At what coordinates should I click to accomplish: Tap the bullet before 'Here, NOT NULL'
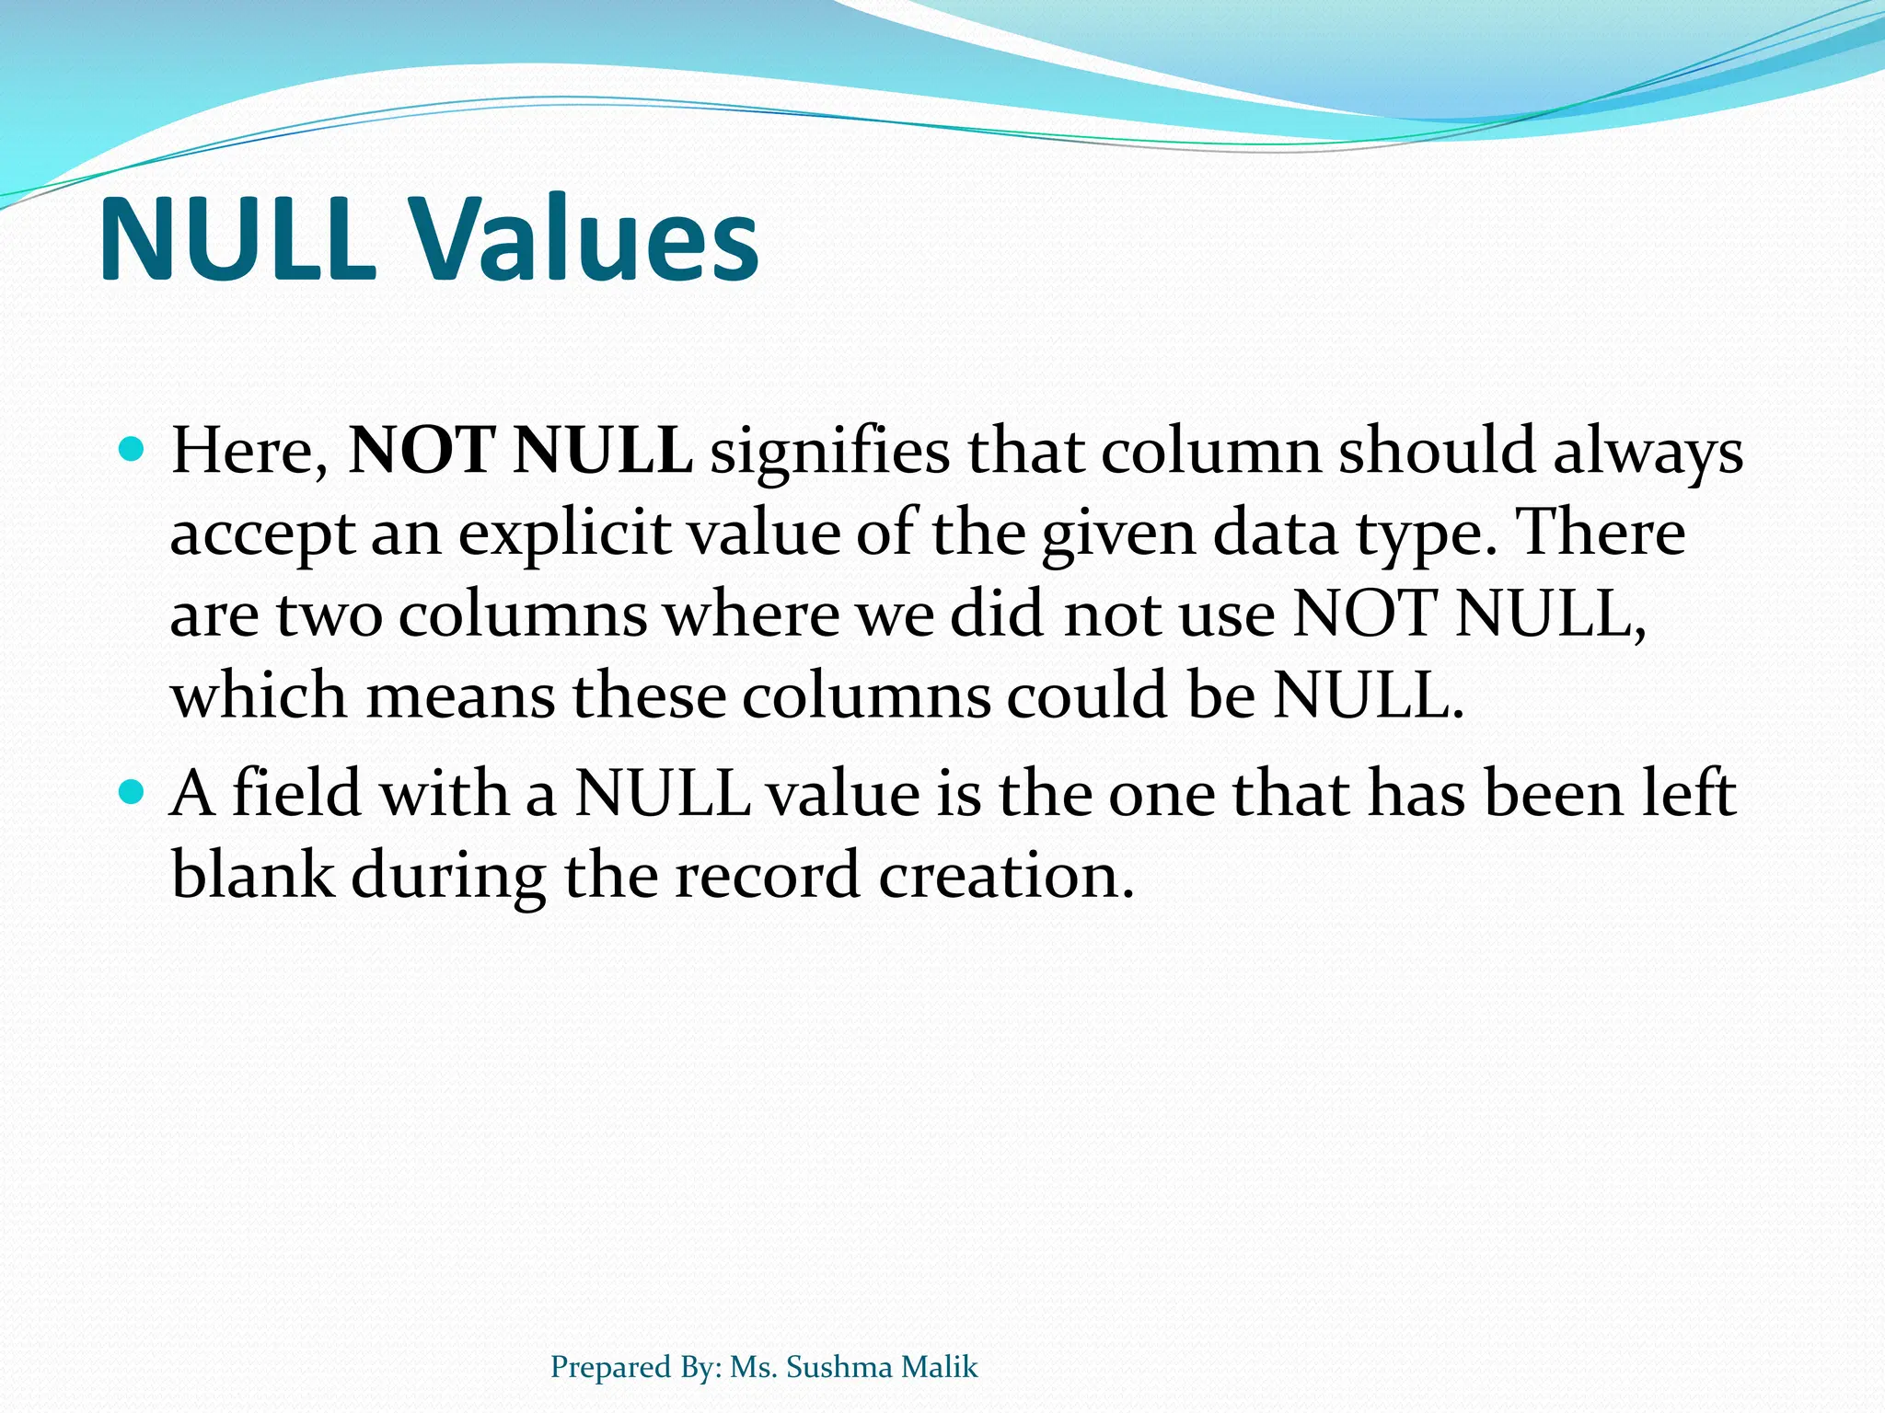133,450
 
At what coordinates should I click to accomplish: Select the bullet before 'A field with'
133,791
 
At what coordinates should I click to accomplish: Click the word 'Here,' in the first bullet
249,452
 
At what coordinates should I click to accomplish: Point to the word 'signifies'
829,452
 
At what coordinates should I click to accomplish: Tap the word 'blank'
252,874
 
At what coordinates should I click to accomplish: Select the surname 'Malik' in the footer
940,1367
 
